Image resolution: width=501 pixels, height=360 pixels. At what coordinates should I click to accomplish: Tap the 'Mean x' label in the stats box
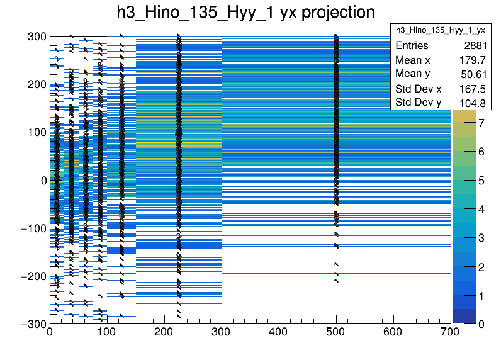413,60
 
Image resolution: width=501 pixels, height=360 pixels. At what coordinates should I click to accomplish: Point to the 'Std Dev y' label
418,103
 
